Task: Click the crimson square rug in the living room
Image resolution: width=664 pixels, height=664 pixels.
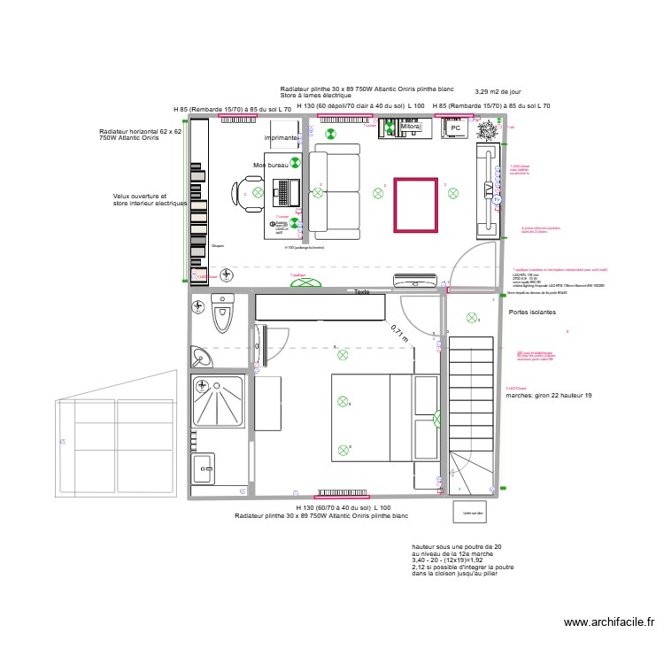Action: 415,205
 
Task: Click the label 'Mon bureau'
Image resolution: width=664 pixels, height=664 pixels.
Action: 271,166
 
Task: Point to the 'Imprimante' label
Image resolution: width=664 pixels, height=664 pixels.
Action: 282,138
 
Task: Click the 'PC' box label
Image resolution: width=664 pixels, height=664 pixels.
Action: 456,128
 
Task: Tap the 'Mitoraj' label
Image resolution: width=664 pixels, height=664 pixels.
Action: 411,127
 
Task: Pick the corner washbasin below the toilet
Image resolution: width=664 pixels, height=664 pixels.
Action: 203,356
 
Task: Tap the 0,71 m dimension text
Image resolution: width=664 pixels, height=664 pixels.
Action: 400,334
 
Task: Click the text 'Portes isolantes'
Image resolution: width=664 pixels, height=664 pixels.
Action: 533,313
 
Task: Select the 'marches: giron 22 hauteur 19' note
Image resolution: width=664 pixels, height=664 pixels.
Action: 548,396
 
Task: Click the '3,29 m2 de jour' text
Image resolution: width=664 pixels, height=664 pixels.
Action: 498,91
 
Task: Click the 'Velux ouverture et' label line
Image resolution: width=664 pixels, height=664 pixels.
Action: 139,196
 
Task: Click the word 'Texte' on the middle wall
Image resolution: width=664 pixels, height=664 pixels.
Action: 361,291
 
